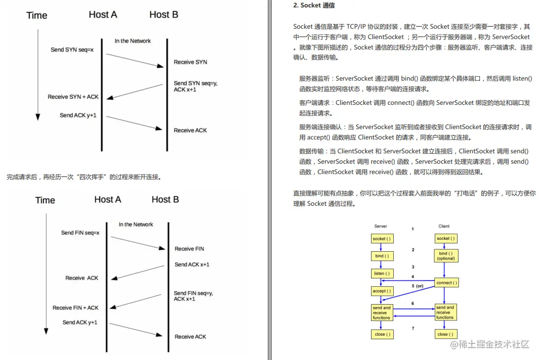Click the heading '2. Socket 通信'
pos(314,6)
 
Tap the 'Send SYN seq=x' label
pos(72,50)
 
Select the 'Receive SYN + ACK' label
pos(73,97)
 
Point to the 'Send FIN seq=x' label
pos(80,232)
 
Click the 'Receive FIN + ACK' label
pos(76,308)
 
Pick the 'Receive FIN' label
pos(189,249)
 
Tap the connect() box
pos(446,283)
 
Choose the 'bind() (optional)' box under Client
pos(446,256)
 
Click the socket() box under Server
pos(382,238)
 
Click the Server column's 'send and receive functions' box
pos(382,313)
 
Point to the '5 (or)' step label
pos(417,286)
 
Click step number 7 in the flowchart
pos(413,328)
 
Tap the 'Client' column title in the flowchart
pos(444,226)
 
